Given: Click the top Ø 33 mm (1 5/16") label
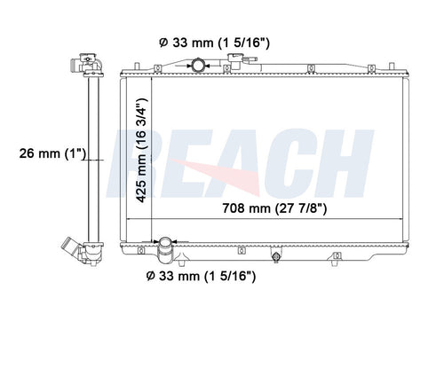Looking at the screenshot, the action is pos(214,43).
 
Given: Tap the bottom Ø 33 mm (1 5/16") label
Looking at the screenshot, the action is pos(201,277).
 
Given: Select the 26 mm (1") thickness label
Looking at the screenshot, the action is pos(52,153).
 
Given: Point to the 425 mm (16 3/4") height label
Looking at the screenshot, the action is pos(141,150).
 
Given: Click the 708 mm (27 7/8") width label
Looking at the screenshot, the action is pos(274,208).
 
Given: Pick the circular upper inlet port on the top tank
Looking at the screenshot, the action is pos(197,65).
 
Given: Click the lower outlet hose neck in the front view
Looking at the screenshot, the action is pos(165,250).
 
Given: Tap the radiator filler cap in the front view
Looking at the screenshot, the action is pos(235,60).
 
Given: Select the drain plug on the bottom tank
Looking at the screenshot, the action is pos(276,257).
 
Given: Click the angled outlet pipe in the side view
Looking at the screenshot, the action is pos(69,247).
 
